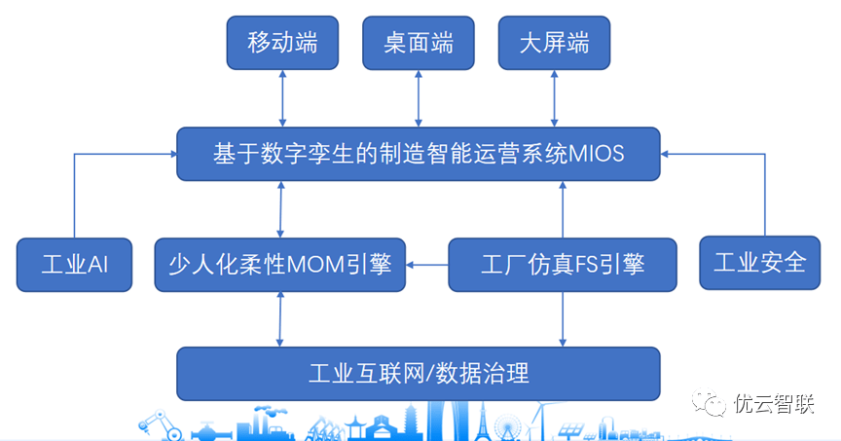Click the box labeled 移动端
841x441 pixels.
(282, 43)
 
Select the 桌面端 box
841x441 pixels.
(419, 43)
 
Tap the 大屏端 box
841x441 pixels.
(554, 43)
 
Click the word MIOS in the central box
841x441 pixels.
(596, 154)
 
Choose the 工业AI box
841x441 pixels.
(75, 265)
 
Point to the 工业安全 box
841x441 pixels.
(760, 263)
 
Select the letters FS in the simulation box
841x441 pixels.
(587, 265)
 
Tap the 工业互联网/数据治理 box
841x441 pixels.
(419, 374)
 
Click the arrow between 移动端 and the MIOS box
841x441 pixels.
(282, 98)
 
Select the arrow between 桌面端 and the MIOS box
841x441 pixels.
(419, 98)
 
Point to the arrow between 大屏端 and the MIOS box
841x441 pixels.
(554, 98)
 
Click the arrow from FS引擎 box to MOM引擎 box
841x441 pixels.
(427, 265)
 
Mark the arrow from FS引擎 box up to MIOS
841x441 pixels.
(563, 209)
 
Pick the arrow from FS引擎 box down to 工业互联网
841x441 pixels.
(563, 319)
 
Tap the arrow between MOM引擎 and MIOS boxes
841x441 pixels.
(280, 209)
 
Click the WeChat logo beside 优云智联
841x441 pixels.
(709, 402)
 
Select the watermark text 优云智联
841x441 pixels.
(774, 404)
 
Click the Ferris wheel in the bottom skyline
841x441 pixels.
(507, 427)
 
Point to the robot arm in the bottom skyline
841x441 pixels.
(160, 424)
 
